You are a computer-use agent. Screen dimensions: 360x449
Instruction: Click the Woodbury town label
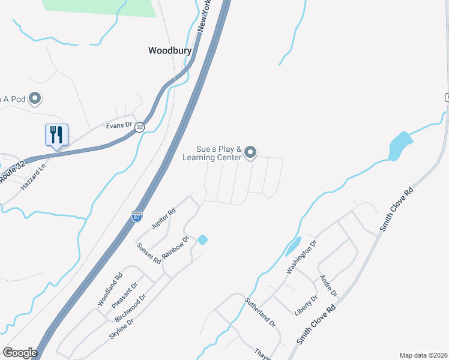click(170, 51)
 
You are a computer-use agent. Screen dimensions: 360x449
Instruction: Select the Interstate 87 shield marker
click(137, 217)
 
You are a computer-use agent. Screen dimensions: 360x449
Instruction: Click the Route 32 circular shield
click(139, 127)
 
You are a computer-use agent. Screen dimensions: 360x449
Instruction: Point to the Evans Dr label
click(118, 125)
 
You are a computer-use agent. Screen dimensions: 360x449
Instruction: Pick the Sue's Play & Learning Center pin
click(252, 153)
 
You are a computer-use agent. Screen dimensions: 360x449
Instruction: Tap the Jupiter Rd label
click(163, 218)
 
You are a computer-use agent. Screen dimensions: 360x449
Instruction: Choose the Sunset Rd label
click(149, 254)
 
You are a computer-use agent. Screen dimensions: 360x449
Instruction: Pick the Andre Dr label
click(329, 286)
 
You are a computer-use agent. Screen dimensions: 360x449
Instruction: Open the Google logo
click(20, 353)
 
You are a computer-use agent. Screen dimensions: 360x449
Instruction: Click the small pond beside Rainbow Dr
click(202, 240)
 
